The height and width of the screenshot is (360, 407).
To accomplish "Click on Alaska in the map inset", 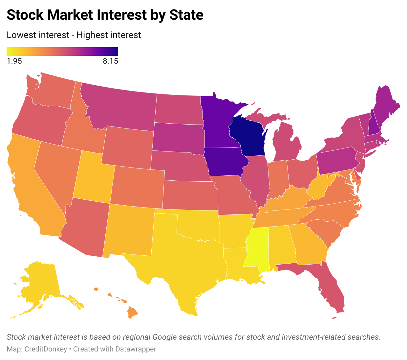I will [39, 282].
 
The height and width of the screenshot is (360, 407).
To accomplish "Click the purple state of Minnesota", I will [217, 121].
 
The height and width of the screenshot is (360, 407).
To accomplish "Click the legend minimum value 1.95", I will [14, 61].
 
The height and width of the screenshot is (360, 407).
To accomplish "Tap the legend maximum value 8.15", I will [110, 61].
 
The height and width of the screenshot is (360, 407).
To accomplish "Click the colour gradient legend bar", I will [62, 51].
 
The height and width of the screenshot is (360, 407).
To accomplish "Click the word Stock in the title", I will [25, 15].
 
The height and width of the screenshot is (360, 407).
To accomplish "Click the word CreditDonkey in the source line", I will [46, 349].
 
